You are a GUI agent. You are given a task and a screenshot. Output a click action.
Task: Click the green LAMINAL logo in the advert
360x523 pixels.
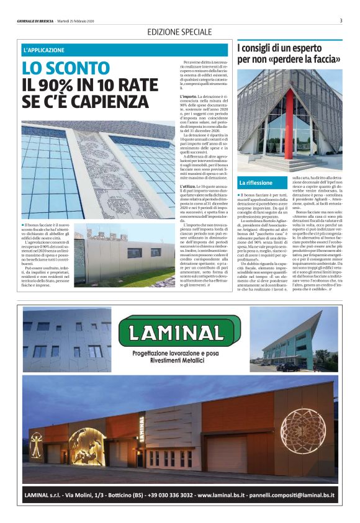pyautogui.click(x=179, y=330)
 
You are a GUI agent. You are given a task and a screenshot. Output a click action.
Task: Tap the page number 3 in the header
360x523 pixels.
pyautogui.click(x=341, y=21)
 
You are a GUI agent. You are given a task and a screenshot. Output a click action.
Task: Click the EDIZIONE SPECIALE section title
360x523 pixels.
pyautogui.click(x=179, y=32)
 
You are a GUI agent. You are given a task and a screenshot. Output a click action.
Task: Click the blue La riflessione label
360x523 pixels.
pyautogui.click(x=256, y=183)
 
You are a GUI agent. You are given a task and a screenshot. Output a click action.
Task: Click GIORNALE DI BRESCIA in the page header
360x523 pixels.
pyautogui.click(x=36, y=21)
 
